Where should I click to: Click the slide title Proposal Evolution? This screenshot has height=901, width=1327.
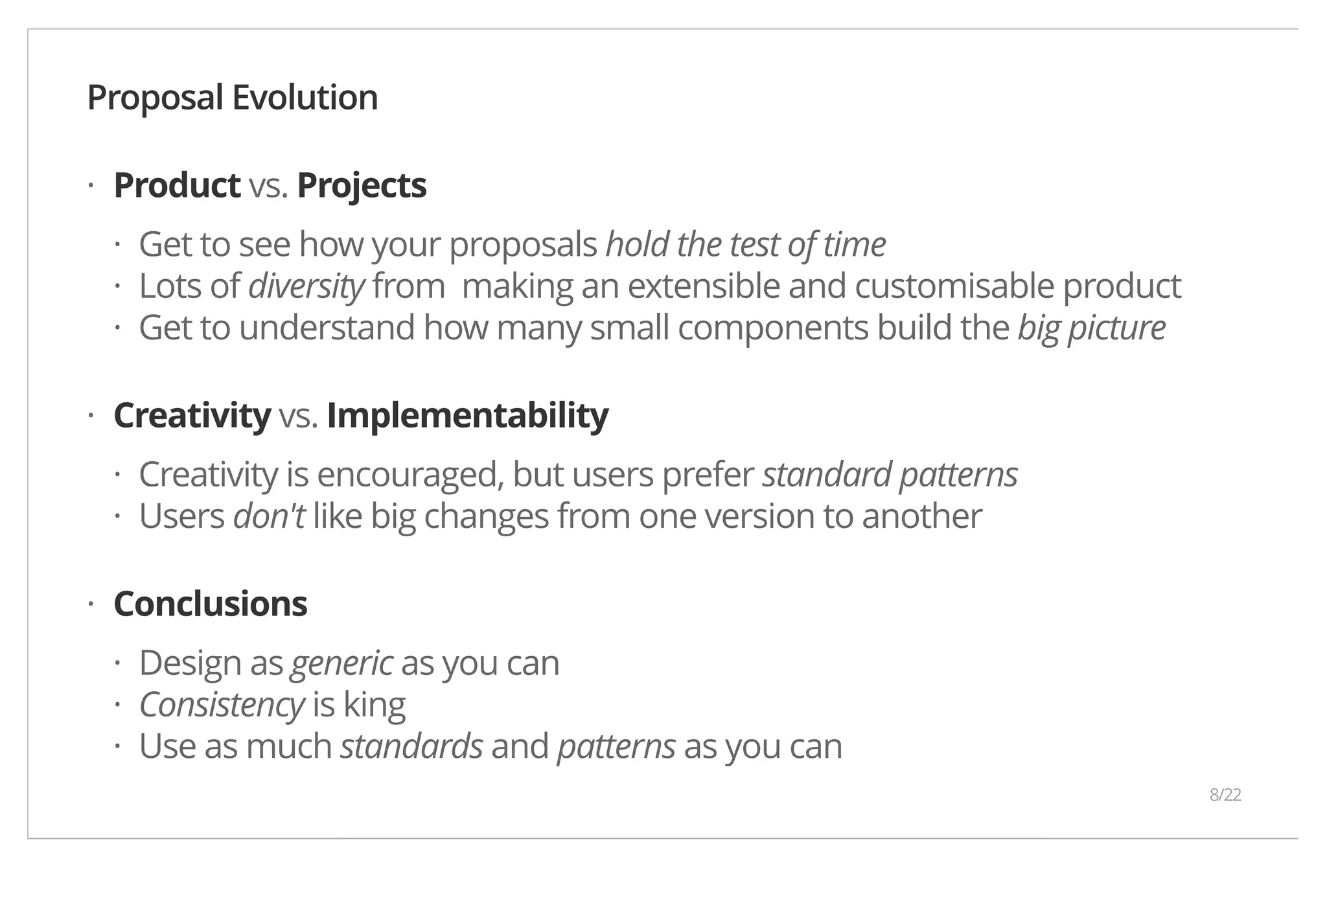232,98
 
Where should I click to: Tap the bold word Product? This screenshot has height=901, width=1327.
177,185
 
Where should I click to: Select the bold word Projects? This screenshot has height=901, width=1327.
362,185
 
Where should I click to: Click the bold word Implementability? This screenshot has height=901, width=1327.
467,415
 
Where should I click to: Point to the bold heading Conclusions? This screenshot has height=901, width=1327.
210,604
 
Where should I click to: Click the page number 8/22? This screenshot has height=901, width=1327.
1225,795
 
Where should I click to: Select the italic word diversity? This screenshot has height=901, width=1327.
306,286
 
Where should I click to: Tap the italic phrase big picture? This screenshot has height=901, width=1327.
1091,328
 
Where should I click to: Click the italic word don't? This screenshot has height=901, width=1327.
268,516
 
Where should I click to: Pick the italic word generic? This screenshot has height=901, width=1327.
341,663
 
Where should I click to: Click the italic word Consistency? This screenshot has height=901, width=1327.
221,705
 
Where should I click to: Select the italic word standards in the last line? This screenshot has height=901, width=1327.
411,746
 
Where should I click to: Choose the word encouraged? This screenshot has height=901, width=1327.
410,475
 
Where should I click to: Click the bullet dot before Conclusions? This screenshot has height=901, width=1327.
91,604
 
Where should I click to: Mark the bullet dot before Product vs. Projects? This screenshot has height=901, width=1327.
91,187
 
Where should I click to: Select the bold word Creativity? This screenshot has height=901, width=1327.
192,415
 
